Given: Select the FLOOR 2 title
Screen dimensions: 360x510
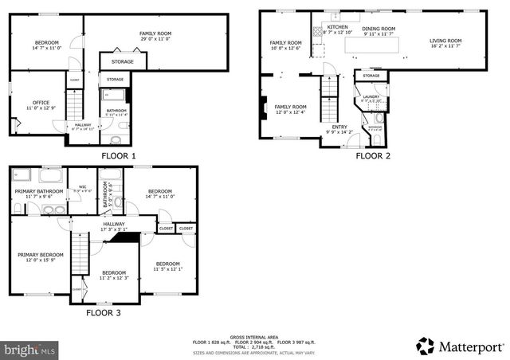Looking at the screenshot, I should [x=372, y=156].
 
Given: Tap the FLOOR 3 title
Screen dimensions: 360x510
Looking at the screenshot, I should [x=103, y=313].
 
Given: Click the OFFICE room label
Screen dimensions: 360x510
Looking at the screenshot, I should [x=41, y=103].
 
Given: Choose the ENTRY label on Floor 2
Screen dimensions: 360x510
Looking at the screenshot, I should [x=339, y=127].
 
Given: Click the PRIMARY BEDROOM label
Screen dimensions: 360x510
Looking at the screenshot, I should [x=41, y=255].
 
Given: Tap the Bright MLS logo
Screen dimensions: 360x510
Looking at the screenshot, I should [x=30, y=349].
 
